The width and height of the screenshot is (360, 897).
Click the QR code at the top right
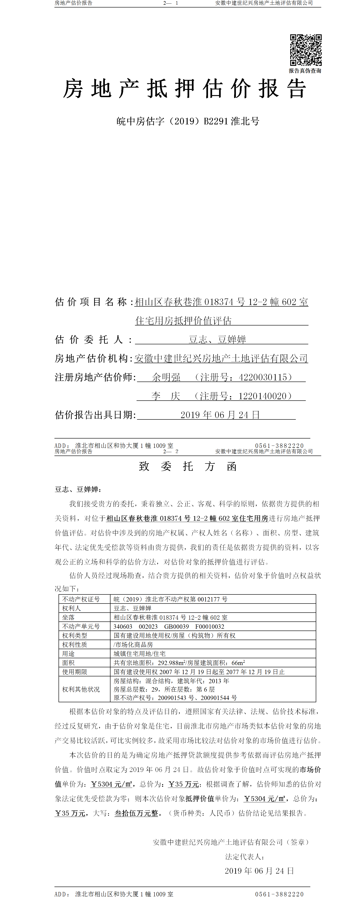[x=306, y=50]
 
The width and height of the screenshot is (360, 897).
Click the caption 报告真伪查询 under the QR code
[x=305, y=71]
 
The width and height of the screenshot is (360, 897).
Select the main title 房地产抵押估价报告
[x=184, y=89]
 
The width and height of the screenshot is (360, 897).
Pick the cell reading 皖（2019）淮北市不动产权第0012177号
[x=170, y=599]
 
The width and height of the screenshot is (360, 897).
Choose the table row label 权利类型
[x=74, y=636]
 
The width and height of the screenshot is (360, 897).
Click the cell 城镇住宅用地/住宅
[x=139, y=654]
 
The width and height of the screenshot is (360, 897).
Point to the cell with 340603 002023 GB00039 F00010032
[x=169, y=626]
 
